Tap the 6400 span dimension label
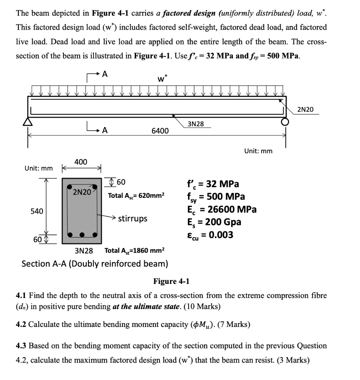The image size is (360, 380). tap(160, 131)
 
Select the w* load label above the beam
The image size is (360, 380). tap(163, 79)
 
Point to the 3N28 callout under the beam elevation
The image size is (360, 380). tap(196, 124)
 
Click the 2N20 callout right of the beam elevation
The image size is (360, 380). tap(305, 109)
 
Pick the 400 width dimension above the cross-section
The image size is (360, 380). tap(81, 162)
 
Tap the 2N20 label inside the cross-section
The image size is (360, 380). tap(82, 192)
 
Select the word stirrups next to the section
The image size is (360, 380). tap(132, 218)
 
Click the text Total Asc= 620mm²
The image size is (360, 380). tap(135, 195)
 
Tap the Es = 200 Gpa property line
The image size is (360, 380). tap(214, 222)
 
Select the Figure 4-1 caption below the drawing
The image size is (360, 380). tap(171, 281)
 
